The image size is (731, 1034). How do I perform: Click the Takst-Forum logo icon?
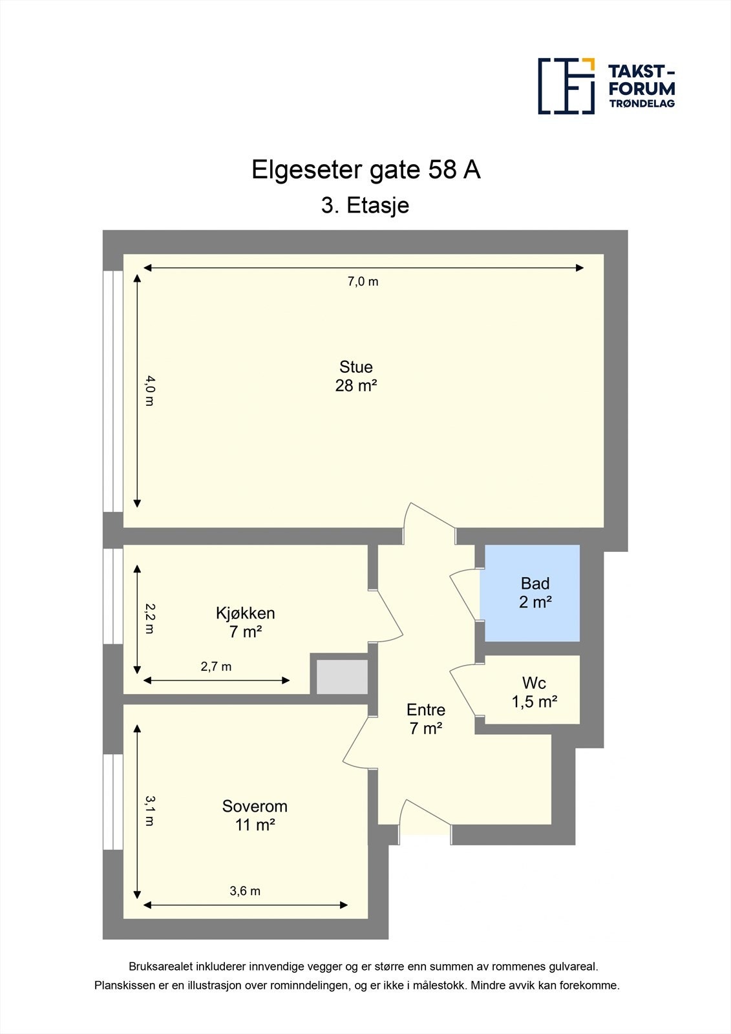(566, 86)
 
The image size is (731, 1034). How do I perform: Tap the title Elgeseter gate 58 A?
(365, 170)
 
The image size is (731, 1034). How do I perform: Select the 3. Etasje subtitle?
(365, 206)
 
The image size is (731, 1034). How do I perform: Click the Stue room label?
(356, 367)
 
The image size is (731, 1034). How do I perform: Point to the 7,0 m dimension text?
(363, 282)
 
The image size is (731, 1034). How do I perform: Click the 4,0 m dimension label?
(149, 390)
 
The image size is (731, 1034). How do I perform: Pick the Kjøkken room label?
(246, 613)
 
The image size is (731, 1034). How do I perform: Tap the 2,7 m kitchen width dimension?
(216, 667)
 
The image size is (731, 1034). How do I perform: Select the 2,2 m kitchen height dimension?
(149, 618)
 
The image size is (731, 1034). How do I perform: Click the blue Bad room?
(532, 593)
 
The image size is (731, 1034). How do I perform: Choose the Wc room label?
(534, 683)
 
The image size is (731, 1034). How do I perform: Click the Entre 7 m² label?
(426, 719)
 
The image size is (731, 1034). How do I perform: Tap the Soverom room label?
(255, 807)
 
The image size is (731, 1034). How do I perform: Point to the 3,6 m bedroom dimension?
(245, 891)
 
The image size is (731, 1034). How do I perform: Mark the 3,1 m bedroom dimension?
(149, 811)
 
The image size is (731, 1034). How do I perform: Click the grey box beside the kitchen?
(342, 677)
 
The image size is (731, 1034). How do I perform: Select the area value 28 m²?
(356, 386)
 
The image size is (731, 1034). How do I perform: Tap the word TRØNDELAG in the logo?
(642, 103)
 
